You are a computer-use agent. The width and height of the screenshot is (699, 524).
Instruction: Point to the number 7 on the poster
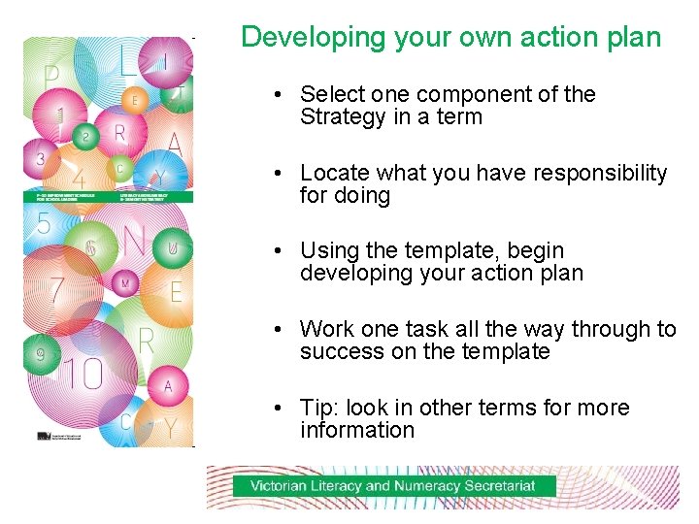click(x=56, y=289)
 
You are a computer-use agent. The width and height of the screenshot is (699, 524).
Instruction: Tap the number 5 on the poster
click(x=43, y=225)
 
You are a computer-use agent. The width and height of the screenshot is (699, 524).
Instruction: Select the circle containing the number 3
click(x=41, y=157)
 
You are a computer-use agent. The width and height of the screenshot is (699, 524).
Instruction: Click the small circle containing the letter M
click(x=124, y=282)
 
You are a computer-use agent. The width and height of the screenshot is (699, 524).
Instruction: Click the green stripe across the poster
click(x=108, y=197)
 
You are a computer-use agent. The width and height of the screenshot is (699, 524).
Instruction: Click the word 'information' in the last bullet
click(x=356, y=431)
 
